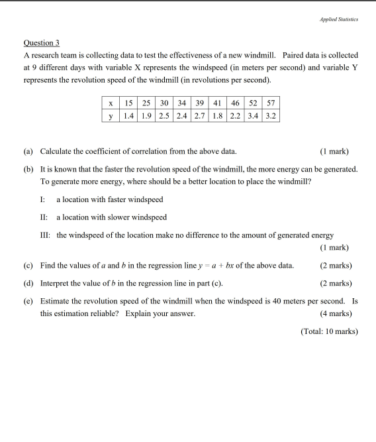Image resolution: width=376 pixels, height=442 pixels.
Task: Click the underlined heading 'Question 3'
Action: click(42, 42)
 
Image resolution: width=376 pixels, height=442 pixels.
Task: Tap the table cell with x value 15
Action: click(128, 103)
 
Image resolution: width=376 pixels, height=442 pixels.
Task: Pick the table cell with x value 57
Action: click(271, 103)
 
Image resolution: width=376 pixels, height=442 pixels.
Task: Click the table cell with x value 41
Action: click(217, 103)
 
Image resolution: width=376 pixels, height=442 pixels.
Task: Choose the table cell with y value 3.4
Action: click(253, 115)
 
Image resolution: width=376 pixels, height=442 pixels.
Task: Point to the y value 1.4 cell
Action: click(128, 115)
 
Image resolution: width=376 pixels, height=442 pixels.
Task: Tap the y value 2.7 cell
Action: click(199, 115)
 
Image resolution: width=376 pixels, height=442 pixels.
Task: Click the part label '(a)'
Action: click(28, 152)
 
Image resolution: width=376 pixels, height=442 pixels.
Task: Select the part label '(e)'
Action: click(28, 300)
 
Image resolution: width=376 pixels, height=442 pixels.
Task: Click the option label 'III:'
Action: click(46, 235)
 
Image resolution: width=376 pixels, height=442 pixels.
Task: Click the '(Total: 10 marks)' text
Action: click(328, 331)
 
